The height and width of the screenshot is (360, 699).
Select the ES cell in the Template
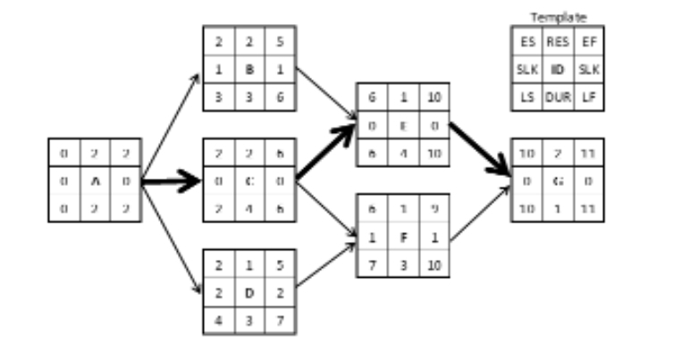[527, 41]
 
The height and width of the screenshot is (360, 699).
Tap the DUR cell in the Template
[558, 96]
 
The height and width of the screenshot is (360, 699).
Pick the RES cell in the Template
[558, 41]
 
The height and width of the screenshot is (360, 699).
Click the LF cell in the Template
[587, 96]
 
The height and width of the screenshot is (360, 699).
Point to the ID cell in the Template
[558, 69]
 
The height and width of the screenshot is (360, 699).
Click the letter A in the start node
[94, 180]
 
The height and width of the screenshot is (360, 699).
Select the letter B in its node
[250, 69]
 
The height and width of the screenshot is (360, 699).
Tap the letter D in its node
[250, 292]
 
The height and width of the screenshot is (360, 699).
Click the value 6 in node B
[281, 96]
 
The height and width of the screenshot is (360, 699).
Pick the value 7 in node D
[281, 320]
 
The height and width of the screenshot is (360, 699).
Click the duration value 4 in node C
[250, 208]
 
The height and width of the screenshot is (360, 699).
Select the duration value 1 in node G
[558, 208]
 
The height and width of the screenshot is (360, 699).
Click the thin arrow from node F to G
[479, 213]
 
